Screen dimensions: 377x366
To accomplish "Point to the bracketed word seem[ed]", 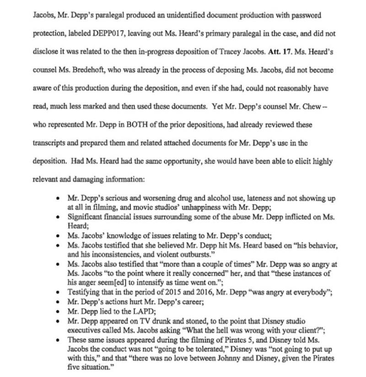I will click(117, 282).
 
